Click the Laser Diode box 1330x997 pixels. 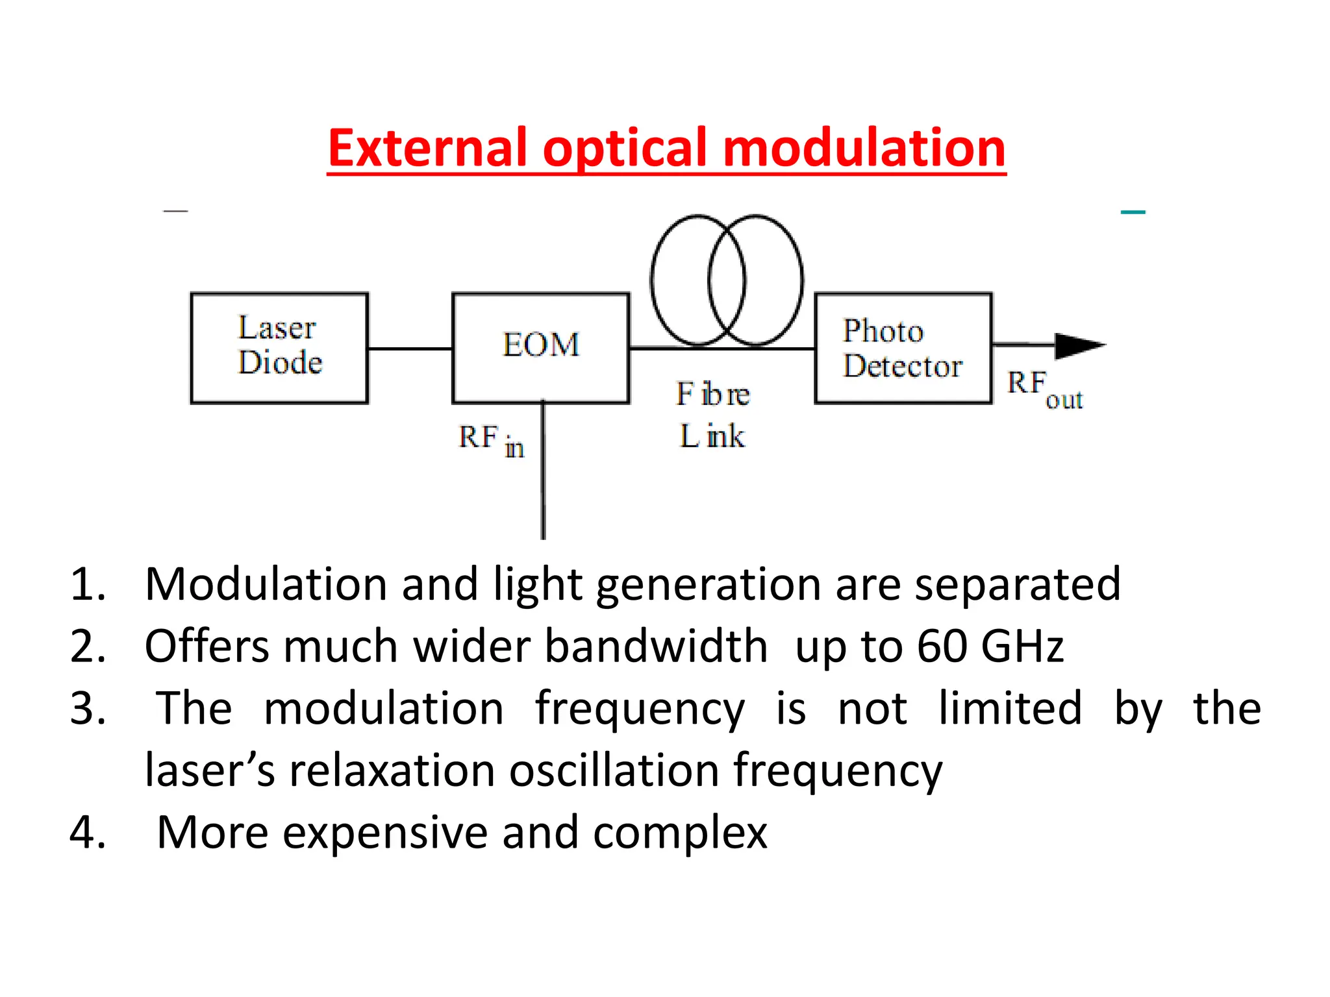279,348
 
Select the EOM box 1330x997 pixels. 540,348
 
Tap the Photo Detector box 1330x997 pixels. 903,348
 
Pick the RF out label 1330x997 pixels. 1044,389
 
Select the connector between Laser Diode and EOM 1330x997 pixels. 410,349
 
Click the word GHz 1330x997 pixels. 1022,646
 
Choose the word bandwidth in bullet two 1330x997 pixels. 656,646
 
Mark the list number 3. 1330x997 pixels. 88,708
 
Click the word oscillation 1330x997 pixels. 614,770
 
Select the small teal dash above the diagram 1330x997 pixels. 1133,212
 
